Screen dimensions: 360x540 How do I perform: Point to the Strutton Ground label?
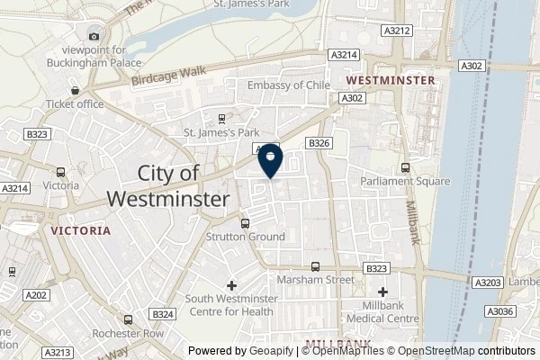pyautogui.click(x=247, y=237)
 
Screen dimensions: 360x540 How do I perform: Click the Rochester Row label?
pyautogui.click(x=129, y=332)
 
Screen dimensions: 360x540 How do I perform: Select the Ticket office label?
pyautogui.click(x=77, y=103)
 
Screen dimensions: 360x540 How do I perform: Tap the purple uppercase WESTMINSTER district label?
pyautogui.click(x=396, y=80)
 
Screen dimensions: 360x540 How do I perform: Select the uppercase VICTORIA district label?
pyautogui.click(x=80, y=230)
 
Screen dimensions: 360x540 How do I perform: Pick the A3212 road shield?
pyautogui.click(x=396, y=31)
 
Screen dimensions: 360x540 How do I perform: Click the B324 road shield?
pyautogui.click(x=163, y=313)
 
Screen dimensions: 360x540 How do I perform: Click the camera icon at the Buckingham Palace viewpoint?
pyautogui.click(x=94, y=37)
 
